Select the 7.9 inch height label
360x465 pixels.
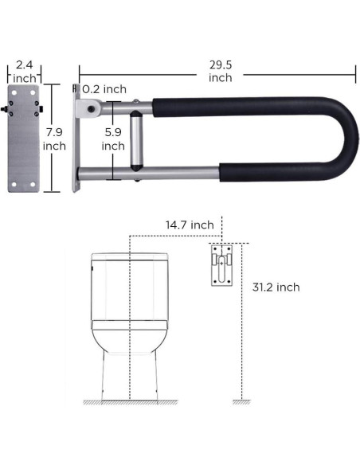pyautogui.click(x=54, y=139)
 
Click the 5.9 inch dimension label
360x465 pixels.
pyautogui.click(x=113, y=139)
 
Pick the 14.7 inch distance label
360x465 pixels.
pyautogui.click(x=190, y=225)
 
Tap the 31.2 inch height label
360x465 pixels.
pyautogui.click(x=274, y=287)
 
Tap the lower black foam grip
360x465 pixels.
pyautogui.click(x=239, y=172)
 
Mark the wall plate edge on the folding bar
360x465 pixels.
pyautogui.click(x=76, y=139)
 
